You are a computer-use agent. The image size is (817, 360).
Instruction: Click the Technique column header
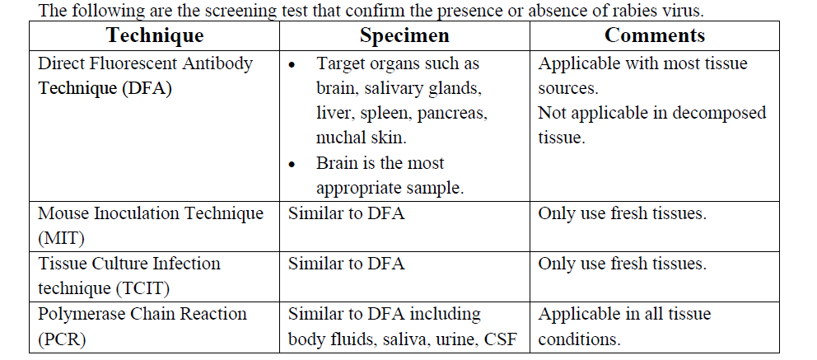[x=155, y=35]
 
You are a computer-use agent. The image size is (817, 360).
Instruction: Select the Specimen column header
[x=404, y=35]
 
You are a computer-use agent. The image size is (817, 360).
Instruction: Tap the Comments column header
[x=655, y=35]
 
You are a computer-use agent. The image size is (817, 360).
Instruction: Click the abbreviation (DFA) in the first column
[x=147, y=89]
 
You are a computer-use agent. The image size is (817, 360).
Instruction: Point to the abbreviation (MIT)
[x=61, y=239]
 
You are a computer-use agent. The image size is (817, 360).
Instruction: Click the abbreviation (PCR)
[x=62, y=339]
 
